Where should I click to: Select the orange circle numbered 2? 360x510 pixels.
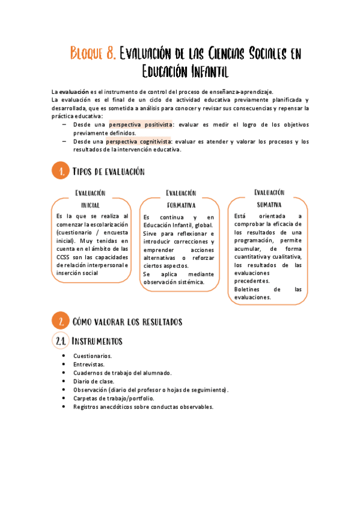click(59, 322)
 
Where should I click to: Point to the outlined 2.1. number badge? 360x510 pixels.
click(59, 342)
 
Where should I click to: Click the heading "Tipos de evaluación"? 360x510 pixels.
click(109, 172)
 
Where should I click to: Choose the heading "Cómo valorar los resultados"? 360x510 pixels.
click(127, 322)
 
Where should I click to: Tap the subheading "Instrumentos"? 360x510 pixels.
click(97, 342)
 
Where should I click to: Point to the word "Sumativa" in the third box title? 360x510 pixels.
click(269, 204)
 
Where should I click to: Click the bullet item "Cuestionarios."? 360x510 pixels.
click(93, 356)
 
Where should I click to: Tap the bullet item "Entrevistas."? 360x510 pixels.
click(89, 364)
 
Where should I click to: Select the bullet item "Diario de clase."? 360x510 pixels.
click(94, 381)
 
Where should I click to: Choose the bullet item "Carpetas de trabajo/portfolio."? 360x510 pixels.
click(114, 398)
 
